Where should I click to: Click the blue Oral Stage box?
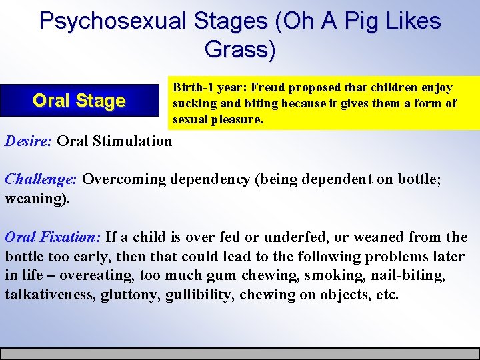(79, 101)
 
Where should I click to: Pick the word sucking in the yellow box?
(193, 103)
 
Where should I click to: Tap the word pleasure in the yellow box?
(236, 119)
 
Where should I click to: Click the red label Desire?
(29, 141)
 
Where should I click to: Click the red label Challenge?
(41, 179)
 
